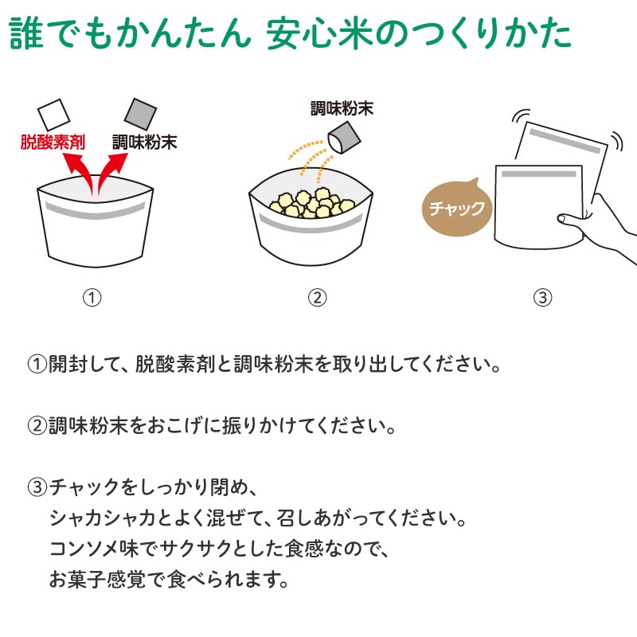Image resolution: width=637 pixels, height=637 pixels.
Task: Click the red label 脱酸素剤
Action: point(53,143)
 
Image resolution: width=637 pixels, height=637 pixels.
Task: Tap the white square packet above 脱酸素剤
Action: point(53,115)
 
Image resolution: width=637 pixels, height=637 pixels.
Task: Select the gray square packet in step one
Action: point(140,114)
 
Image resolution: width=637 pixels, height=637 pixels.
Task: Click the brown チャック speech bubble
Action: point(457,208)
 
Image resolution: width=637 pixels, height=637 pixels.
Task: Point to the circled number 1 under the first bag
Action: point(92,298)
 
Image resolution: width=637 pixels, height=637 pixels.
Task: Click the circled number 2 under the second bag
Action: point(317,298)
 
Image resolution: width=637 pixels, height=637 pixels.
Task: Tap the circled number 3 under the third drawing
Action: point(543,298)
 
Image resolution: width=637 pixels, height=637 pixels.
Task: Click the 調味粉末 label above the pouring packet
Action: point(342,108)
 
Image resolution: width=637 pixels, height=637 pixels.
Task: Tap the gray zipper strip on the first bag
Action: point(95,211)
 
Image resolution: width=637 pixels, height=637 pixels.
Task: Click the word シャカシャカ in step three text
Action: point(103,518)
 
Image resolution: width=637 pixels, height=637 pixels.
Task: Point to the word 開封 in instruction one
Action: point(68,364)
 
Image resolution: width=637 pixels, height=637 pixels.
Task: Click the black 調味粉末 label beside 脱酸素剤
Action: point(145,143)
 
